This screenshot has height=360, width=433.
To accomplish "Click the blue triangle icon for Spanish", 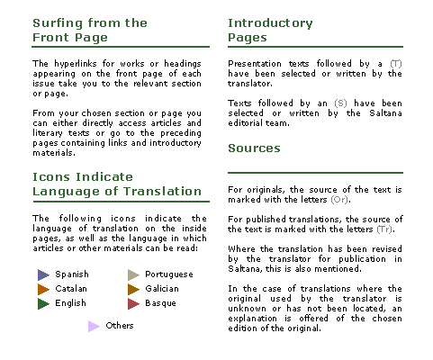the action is (43, 274).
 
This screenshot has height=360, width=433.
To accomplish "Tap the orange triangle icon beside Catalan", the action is (43, 289).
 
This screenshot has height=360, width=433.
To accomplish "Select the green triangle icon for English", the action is (43, 303).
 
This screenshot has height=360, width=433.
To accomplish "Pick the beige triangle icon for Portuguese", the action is (133, 274).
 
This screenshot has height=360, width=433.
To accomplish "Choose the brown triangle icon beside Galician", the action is (133, 289).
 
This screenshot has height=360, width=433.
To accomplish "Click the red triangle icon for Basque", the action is (133, 303).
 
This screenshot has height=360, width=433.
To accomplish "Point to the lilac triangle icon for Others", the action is (94, 326).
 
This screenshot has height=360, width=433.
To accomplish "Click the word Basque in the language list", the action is (160, 303).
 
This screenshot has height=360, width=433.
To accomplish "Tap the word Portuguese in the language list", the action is (169, 274).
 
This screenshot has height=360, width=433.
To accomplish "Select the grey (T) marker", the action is (396, 64).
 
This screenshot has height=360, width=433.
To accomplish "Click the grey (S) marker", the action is (340, 103).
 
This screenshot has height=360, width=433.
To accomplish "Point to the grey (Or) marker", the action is (339, 200).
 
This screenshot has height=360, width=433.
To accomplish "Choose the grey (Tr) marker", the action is (384, 229).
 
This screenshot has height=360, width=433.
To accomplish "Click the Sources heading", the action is (254, 148).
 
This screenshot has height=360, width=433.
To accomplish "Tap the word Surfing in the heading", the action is (58, 23).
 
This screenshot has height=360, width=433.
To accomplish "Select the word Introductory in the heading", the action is (270, 23).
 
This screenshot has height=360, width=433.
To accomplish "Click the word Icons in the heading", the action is (51, 177).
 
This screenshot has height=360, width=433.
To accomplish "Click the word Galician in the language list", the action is (162, 289).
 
